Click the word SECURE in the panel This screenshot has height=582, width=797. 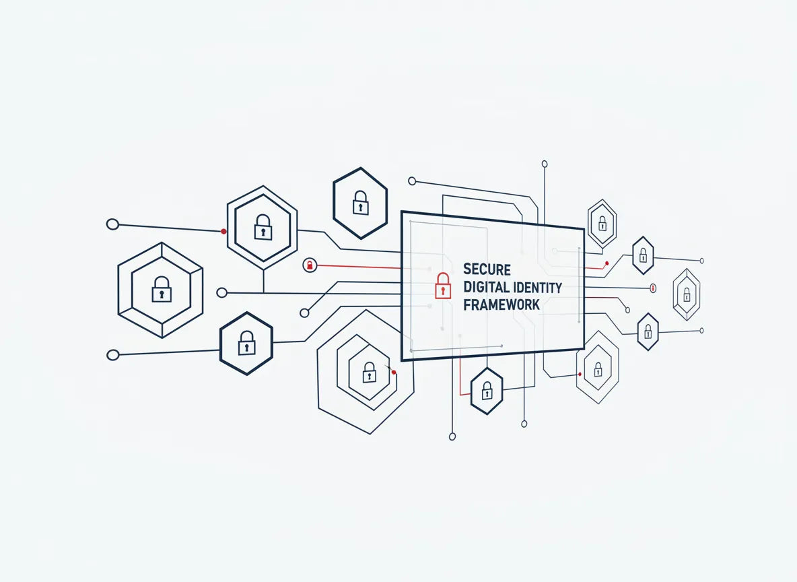click(x=487, y=269)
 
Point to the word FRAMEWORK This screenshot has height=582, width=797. click(x=501, y=304)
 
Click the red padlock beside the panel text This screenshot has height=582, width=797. click(x=443, y=286)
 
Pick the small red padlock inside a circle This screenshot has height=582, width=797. click(x=310, y=265)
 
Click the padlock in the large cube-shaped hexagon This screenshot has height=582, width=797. click(x=162, y=289)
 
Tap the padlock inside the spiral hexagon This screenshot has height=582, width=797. click(x=370, y=373)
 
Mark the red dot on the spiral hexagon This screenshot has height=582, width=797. click(x=394, y=373)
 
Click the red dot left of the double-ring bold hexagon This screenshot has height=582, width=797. click(x=223, y=232)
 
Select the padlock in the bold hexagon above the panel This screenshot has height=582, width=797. click(x=360, y=203)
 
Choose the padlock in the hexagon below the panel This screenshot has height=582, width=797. click(x=487, y=390)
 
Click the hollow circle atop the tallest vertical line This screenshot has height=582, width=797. click(x=545, y=164)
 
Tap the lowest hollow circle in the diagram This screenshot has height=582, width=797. click(x=452, y=437)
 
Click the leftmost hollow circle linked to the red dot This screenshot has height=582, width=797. click(x=112, y=224)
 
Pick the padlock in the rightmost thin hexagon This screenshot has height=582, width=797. click(x=687, y=294)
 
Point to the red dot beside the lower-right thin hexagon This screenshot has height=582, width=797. click(x=580, y=375)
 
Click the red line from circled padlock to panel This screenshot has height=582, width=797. click(x=359, y=267)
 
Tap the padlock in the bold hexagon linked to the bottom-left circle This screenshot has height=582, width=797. click(x=246, y=343)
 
